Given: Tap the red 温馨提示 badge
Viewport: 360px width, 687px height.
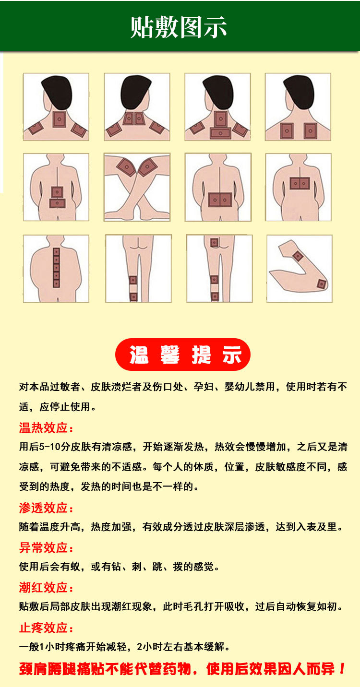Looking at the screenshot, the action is click(x=182, y=355).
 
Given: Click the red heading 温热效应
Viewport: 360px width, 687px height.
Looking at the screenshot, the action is click(x=46, y=427).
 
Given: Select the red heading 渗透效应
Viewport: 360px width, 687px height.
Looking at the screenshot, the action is click(x=46, y=508).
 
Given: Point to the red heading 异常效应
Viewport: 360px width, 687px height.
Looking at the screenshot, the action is click(x=46, y=548).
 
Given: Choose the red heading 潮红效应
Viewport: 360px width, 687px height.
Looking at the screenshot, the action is click(x=46, y=588).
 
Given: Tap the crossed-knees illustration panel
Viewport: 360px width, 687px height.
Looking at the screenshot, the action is click(x=137, y=187).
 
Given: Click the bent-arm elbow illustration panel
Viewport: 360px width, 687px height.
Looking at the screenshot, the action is click(x=299, y=269).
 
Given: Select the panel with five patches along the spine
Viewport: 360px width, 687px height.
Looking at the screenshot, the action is click(x=56, y=269).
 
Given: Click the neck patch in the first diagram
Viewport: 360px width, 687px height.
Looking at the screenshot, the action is click(x=59, y=119).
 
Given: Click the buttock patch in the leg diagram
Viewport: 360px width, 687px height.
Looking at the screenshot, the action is click(x=214, y=243).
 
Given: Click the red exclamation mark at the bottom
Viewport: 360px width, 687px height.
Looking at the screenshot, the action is click(x=342, y=669).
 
